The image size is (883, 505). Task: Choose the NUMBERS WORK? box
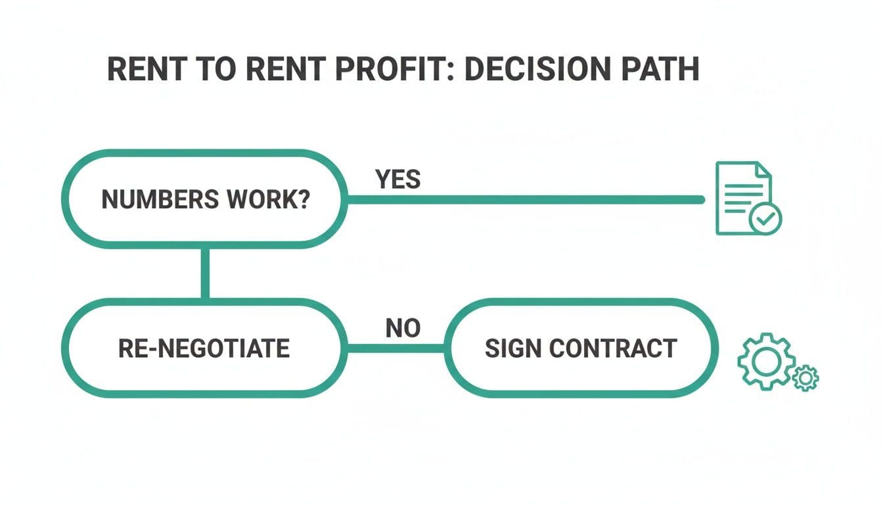(204, 199)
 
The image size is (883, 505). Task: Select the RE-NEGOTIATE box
(204, 348)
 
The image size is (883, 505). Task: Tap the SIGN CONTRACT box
(580, 348)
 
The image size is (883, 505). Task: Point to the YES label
(397, 179)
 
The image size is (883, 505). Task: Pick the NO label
(403, 327)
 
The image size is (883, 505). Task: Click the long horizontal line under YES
(526, 199)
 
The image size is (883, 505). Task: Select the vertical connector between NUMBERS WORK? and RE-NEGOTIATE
(206, 273)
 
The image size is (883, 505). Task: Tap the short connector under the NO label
(397, 348)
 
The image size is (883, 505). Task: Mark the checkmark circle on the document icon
(765, 218)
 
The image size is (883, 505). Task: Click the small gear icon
(806, 377)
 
